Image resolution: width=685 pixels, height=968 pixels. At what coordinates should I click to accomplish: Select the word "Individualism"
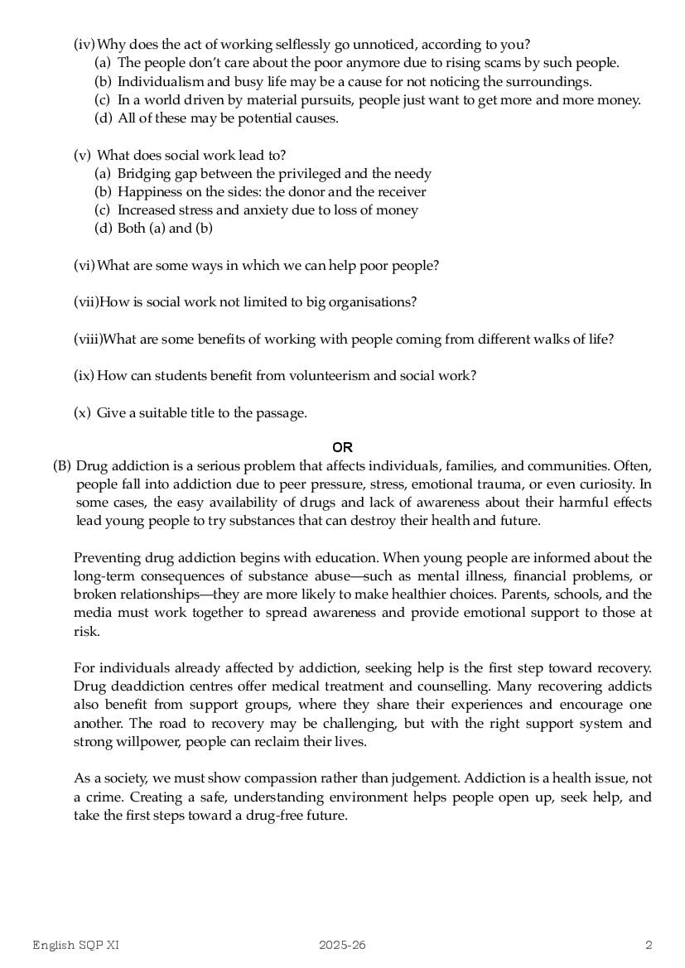click(157, 81)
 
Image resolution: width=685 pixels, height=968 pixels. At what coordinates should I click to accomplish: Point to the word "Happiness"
click(147, 192)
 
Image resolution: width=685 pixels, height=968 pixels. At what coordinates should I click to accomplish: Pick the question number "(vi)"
click(84, 266)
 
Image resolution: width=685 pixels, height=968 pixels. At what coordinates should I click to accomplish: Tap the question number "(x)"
click(82, 412)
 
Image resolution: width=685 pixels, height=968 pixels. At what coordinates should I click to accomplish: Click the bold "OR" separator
click(342, 448)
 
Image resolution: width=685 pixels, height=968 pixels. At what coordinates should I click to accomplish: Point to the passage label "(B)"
click(62, 466)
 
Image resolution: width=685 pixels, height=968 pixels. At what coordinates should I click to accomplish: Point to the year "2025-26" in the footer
click(342, 945)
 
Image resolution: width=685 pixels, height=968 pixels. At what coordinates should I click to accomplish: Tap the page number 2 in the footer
click(649, 945)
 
